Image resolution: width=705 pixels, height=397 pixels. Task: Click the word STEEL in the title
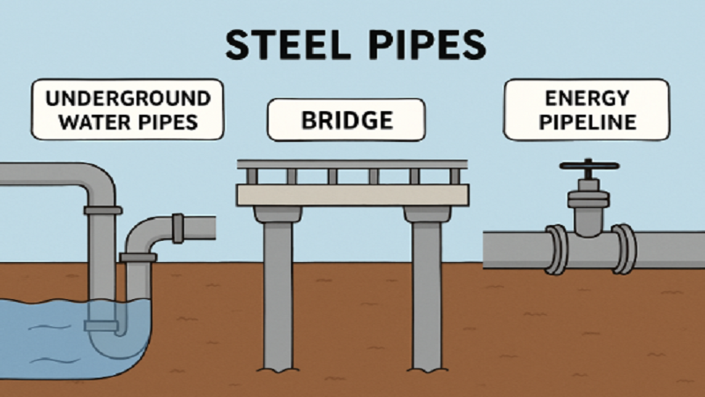pyautogui.click(x=281, y=44)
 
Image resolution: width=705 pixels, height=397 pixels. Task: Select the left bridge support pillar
pyautogui.click(x=278, y=291)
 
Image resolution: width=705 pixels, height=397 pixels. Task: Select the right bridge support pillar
pyautogui.click(x=427, y=291)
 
